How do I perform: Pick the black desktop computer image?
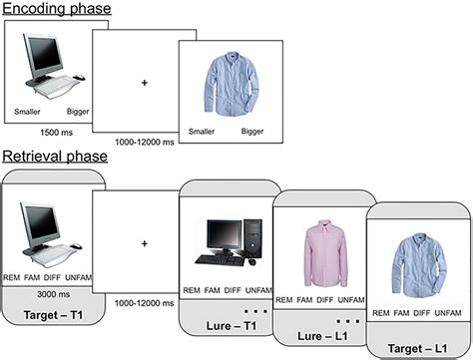[226, 240]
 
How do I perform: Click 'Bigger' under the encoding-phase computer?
[78, 112]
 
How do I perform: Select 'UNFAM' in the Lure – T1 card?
[256, 289]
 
